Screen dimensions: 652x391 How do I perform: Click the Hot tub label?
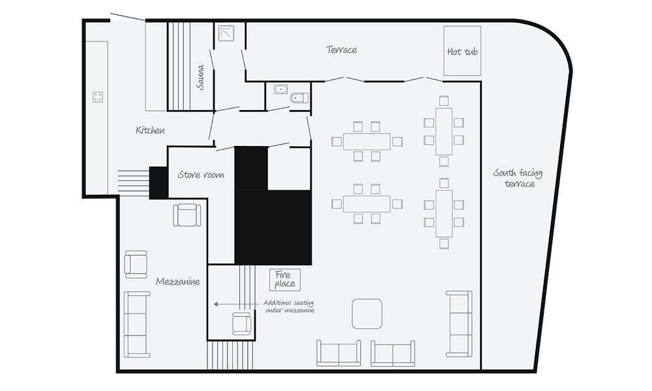[x=462, y=51]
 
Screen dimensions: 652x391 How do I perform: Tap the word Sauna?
[x=200, y=77]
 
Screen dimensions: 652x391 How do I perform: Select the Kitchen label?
[x=150, y=130]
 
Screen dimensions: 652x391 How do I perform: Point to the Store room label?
[x=201, y=175]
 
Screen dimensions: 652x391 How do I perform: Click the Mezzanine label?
[x=177, y=282]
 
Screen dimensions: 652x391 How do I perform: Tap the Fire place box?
[x=285, y=280]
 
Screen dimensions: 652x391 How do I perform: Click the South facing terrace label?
[x=518, y=179]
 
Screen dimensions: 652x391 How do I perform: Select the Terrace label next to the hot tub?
[x=342, y=50]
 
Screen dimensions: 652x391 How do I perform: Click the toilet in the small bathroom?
[x=299, y=98]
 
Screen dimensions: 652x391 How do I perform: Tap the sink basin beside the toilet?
[x=281, y=89]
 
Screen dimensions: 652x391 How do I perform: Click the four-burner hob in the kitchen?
[x=98, y=97]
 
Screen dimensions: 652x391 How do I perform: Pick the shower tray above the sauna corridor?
[x=226, y=33]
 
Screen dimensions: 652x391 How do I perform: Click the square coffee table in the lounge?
[x=367, y=313]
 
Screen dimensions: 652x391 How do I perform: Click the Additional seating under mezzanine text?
[x=289, y=306]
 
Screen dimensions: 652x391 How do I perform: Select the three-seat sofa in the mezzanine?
[x=137, y=325]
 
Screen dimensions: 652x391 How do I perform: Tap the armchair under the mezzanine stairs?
[x=242, y=323]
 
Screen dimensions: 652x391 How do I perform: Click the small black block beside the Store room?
[x=158, y=182]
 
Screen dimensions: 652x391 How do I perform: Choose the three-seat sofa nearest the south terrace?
[x=459, y=324]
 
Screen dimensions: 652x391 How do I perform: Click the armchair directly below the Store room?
[x=187, y=215]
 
